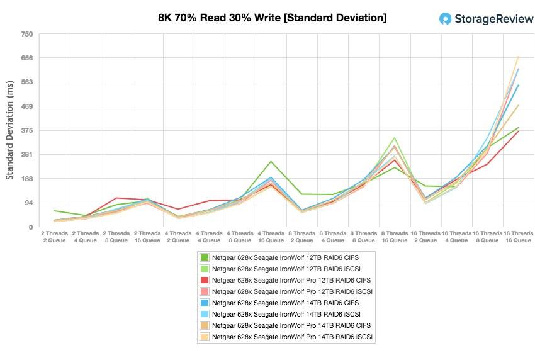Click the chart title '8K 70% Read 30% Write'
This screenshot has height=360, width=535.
(272, 18)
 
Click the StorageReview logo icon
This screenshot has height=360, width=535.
(445, 18)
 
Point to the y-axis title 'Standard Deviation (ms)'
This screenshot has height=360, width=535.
(10, 130)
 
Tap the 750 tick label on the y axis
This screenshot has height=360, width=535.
(26, 34)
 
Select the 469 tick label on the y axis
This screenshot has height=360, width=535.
(26, 106)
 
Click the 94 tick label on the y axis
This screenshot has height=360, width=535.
(28, 203)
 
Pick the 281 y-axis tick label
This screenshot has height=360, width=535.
(26, 154)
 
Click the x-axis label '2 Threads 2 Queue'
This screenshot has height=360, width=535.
(55, 236)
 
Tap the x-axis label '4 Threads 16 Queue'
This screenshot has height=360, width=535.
(271, 236)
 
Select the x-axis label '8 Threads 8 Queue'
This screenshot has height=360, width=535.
(364, 236)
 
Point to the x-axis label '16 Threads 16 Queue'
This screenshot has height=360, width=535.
(518, 236)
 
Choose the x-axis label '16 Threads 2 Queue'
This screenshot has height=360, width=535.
(425, 236)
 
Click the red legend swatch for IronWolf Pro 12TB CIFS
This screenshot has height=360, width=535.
(205, 280)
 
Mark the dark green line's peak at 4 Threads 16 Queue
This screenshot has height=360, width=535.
(271, 162)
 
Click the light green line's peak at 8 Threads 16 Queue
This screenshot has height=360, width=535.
(395, 138)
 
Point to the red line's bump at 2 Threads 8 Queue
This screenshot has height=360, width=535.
(117, 198)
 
